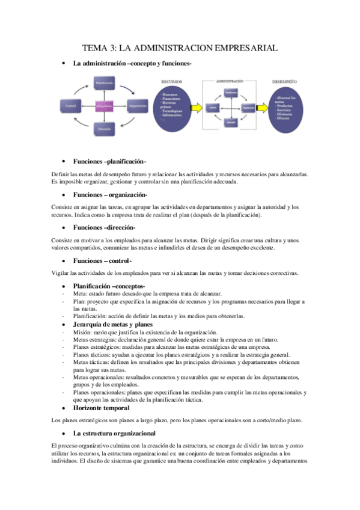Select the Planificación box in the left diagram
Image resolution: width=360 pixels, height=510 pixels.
103,83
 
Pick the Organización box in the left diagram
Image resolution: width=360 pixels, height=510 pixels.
138,106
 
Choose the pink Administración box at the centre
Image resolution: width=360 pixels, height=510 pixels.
103,106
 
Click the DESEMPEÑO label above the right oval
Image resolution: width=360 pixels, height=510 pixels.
284,81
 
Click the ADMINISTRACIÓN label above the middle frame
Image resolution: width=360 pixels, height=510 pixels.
230,79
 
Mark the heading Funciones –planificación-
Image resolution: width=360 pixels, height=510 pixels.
109,162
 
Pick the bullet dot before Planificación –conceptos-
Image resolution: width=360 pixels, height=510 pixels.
63,286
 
